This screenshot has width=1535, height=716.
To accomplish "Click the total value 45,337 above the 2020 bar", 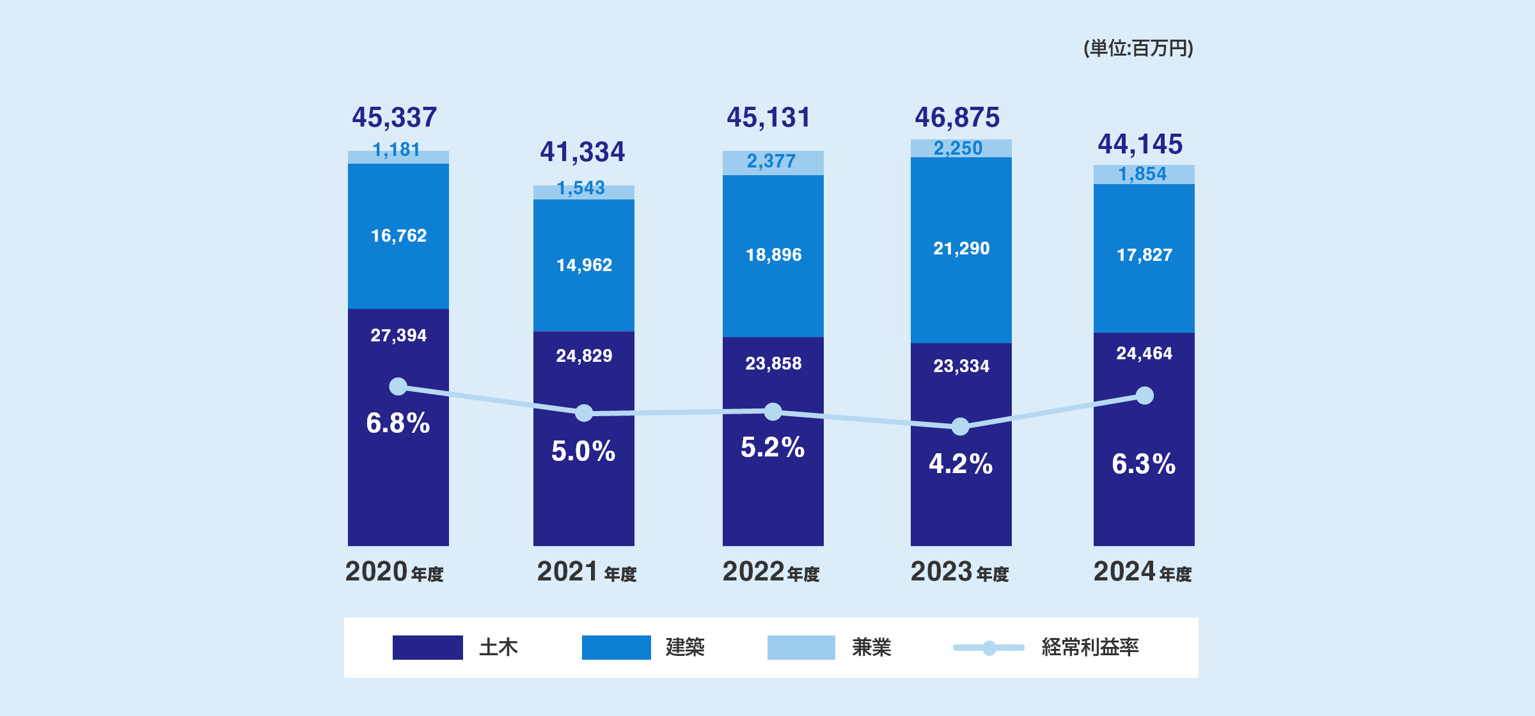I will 395,118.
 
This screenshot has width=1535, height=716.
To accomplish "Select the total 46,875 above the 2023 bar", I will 957,118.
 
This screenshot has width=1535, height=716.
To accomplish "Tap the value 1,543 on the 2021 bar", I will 581,188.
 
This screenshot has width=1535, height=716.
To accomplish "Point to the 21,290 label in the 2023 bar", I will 961,248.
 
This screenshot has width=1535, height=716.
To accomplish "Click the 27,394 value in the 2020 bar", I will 398,335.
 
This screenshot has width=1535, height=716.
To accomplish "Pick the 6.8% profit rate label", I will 398,423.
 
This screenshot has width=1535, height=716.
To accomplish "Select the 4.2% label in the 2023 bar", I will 961,464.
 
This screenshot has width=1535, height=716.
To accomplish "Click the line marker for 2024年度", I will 1145,396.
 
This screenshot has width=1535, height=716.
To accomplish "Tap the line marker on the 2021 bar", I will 584,413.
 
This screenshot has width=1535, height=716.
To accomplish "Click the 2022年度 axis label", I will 771,572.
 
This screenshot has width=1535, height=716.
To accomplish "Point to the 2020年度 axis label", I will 395,572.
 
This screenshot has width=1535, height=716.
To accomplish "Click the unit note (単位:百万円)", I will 1138,48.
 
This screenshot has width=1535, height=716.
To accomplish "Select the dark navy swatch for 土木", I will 427,647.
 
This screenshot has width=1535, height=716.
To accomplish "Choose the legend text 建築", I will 685,647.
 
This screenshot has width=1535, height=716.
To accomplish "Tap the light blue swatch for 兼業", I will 801,647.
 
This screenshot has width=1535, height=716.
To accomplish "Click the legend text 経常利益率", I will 1090,647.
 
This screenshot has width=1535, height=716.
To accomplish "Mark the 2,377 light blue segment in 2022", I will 772,162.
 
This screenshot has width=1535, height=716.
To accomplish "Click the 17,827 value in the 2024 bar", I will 1144,255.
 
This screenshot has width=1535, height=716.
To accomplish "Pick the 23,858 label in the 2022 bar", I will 773,364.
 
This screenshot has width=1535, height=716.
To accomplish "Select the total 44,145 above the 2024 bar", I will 1140,144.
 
